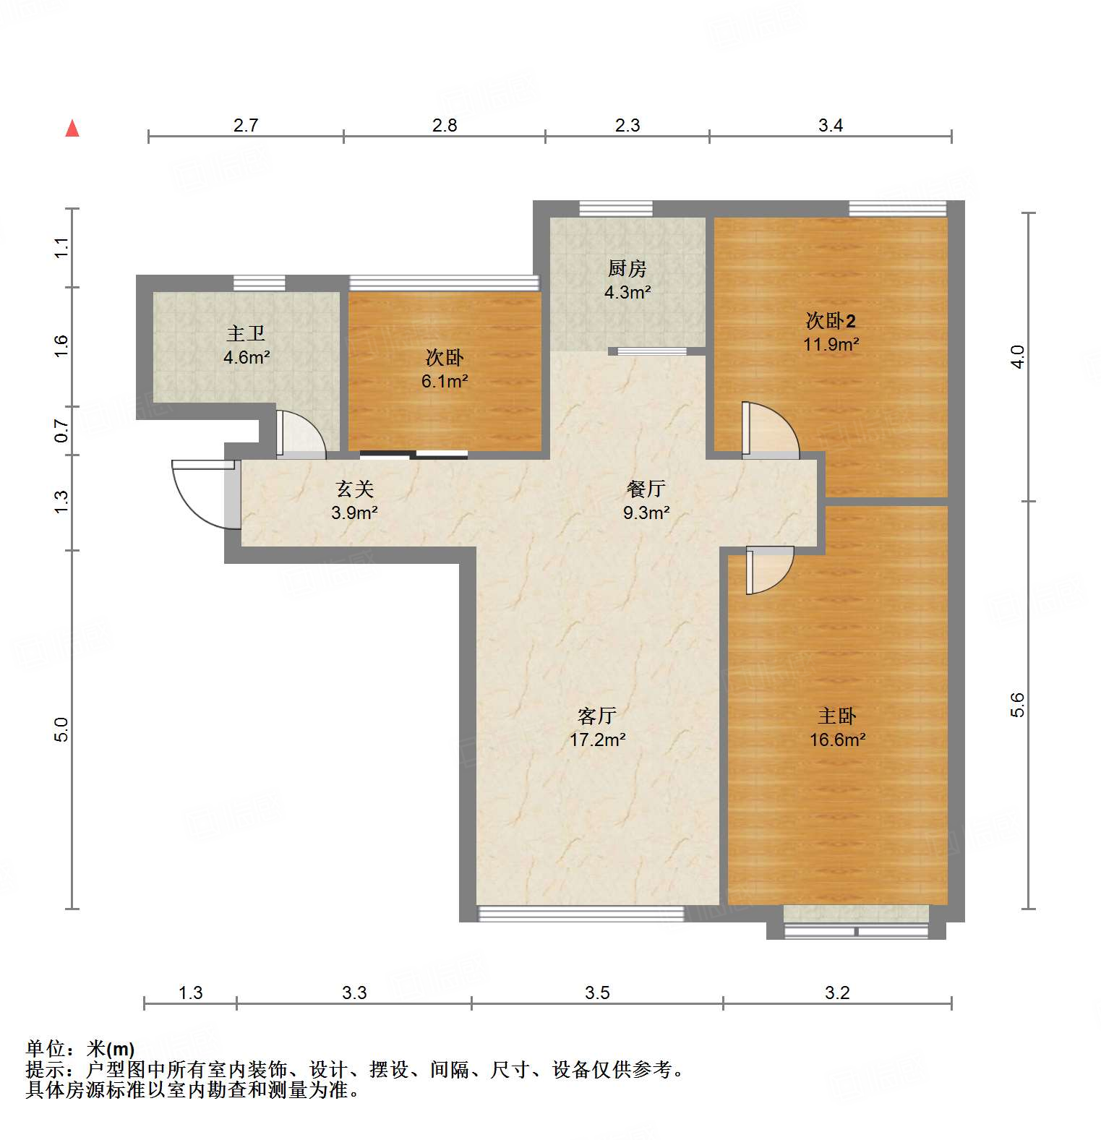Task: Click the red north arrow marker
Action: tap(72, 129)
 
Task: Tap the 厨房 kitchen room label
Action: tap(627, 269)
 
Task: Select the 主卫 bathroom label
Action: tap(246, 333)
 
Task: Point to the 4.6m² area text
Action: tap(247, 357)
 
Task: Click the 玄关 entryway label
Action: tap(354, 489)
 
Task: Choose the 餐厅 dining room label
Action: tap(646, 489)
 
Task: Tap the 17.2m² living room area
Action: tap(597, 740)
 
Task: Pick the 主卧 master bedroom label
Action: tap(836, 716)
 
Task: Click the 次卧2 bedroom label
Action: tap(831, 320)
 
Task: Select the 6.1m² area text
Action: tap(445, 381)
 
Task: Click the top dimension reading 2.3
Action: tap(627, 125)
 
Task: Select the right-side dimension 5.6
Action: tap(1017, 704)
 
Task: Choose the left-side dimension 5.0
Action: tap(61, 729)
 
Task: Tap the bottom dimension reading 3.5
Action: tap(597, 993)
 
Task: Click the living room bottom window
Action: tap(581, 914)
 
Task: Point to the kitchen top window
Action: tap(616, 209)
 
